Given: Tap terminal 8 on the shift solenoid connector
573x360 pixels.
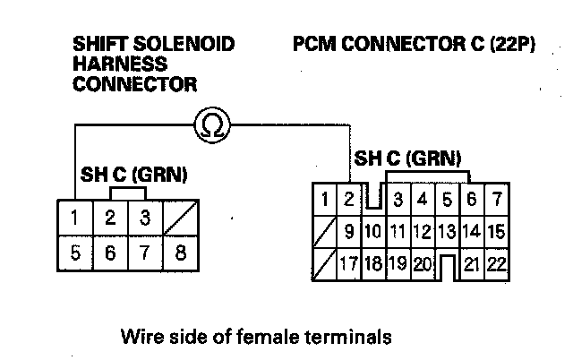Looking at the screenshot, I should pos(181,253).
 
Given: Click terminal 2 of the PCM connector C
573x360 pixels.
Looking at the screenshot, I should pos(349,197).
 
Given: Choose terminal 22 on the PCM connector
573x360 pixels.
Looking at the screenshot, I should pos(498,263).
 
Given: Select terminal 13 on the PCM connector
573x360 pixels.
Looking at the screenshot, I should pos(447,231).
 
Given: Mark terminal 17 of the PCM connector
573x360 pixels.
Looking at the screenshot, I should pos(349,263).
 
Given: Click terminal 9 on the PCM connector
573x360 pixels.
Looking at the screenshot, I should pos(349,231).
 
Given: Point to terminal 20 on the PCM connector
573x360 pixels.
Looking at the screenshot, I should pos(423,263).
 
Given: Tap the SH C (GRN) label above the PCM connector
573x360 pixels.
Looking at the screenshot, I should pos(407,159).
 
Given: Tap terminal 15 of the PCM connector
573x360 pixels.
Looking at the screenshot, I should pos(498,231).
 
